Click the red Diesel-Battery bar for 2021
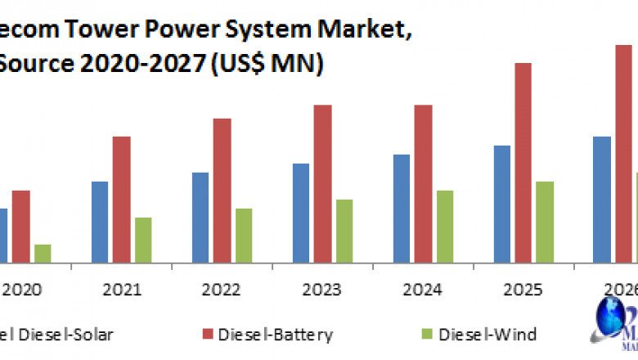tap(122, 200)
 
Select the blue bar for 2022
tap(200, 218)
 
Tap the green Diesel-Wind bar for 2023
tap(344, 231)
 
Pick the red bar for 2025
tap(523, 163)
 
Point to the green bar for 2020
tap(43, 254)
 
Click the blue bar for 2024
tap(402, 209)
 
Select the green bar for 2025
tap(545, 222)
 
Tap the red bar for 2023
tap(322, 184)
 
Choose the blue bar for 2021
tap(100, 222)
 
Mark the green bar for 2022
tap(244, 236)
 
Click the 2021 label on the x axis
tap(122, 289)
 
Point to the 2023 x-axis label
tap(322, 289)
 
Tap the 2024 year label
tap(423, 289)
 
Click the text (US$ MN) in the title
tap(267, 65)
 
